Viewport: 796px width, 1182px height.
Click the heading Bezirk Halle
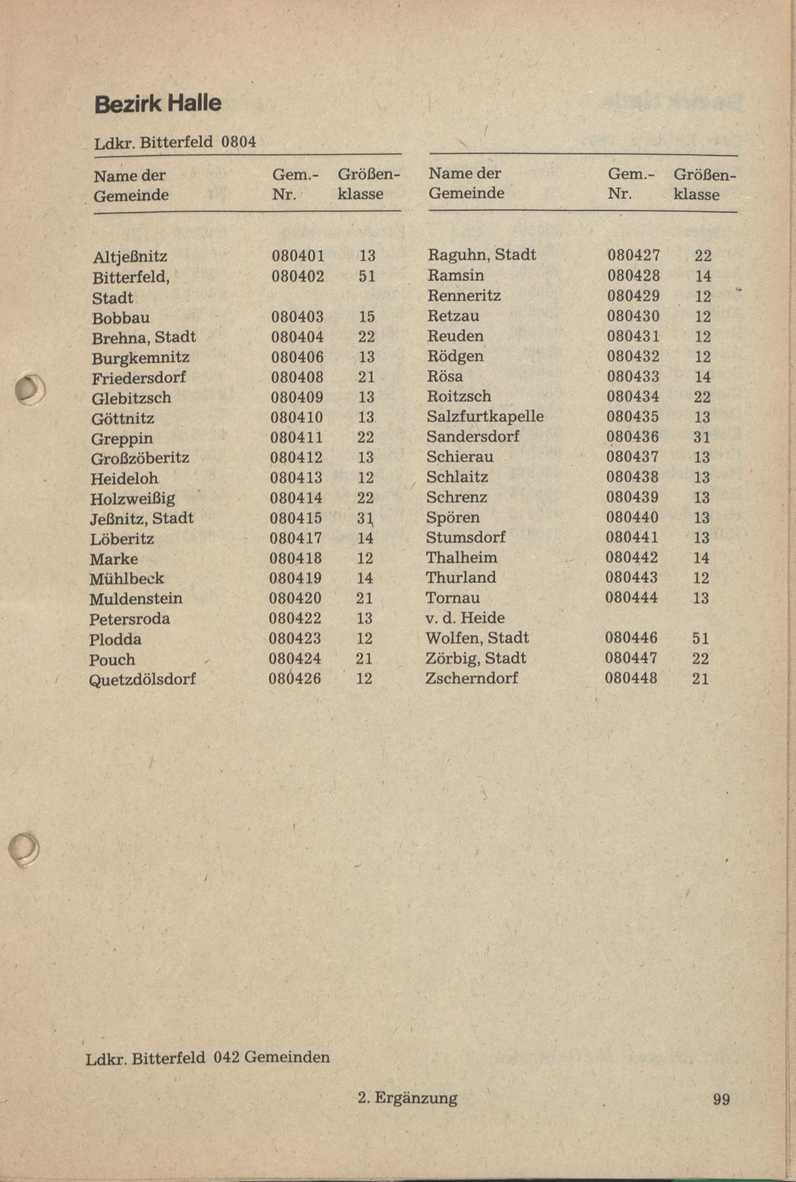pyautogui.click(x=158, y=103)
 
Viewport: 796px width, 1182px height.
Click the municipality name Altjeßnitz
pyautogui.click(x=130, y=257)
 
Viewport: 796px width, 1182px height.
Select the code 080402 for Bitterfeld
pyautogui.click(x=297, y=276)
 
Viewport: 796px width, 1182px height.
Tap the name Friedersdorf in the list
pyautogui.click(x=139, y=377)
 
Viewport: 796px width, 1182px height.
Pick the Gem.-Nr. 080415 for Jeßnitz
pyautogui.click(x=296, y=518)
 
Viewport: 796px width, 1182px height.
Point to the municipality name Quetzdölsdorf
pyautogui.click(x=142, y=679)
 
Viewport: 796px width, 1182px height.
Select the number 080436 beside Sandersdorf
pyautogui.click(x=633, y=437)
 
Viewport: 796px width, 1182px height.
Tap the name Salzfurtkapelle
pyautogui.click(x=485, y=417)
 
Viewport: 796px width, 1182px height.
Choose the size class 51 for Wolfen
pyautogui.click(x=701, y=638)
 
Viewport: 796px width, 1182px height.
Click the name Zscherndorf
pyautogui.click(x=471, y=678)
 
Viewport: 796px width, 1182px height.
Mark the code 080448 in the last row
pyautogui.click(x=631, y=678)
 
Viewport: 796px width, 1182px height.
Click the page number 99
pyautogui.click(x=721, y=1099)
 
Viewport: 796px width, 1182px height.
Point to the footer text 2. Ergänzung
pyautogui.click(x=407, y=1098)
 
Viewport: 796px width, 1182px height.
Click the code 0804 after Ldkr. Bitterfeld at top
pyautogui.click(x=239, y=142)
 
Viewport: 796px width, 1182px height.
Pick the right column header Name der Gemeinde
pyautogui.click(x=466, y=183)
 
